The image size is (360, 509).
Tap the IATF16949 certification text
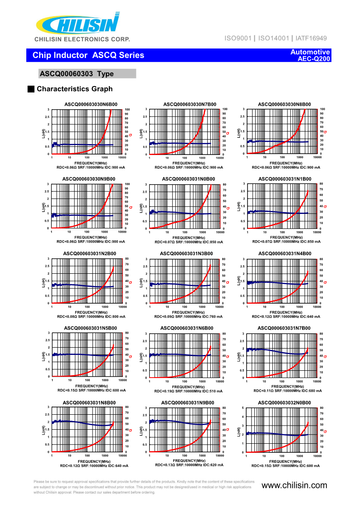point(311,39)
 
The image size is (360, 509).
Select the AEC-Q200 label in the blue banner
point(314,59)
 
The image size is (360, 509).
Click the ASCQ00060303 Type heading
point(77,74)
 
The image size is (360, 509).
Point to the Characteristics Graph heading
point(74,89)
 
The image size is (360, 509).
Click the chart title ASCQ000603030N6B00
point(91,104)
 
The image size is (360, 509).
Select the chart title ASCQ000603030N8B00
point(284,104)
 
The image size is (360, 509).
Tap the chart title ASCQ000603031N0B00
point(188,179)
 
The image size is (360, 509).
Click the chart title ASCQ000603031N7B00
point(284,328)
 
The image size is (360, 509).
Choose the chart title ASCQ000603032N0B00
point(284,402)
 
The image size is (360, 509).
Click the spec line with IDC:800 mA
point(91,317)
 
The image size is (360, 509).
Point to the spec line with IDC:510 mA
point(189,391)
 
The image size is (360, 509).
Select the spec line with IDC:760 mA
point(189,317)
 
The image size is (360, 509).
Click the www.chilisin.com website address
point(294,485)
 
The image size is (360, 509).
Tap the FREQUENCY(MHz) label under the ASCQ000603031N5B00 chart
point(92,386)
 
